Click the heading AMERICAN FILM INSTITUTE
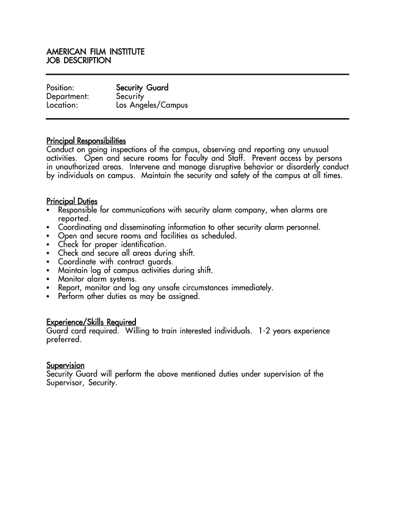point(95,52)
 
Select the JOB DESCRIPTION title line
point(78,61)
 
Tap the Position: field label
point(60,88)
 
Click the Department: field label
point(68,97)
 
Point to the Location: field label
point(62,105)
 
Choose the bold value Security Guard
point(142,88)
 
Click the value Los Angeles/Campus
point(152,105)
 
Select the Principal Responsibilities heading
point(86,141)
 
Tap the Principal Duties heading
point(72,201)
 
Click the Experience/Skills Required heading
point(91,322)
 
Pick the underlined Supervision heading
point(65,365)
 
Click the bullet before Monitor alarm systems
point(48,279)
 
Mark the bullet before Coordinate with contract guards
point(48,262)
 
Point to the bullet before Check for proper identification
point(48,245)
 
